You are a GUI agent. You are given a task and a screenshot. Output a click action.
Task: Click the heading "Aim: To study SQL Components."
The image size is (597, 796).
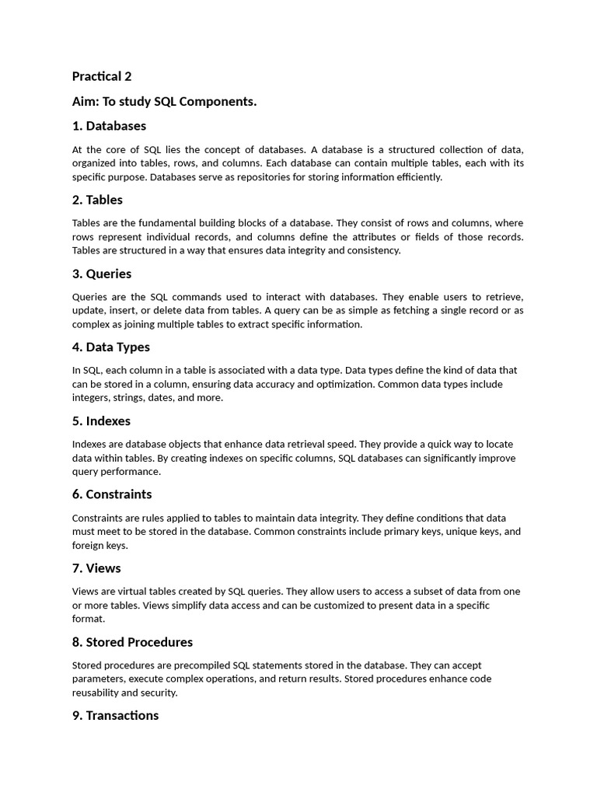[x=164, y=101]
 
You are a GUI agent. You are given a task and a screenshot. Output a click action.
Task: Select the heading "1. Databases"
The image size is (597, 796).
[x=109, y=126]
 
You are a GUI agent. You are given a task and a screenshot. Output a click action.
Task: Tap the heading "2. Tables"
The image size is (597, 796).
[x=97, y=200]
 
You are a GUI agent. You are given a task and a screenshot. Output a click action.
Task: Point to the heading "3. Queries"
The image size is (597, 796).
[x=102, y=274]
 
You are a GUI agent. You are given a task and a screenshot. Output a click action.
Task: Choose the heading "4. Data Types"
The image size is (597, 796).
[x=111, y=347]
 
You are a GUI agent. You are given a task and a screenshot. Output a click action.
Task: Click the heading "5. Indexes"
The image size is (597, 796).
[x=101, y=421]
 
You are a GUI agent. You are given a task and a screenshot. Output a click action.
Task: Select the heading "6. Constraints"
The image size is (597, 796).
[x=112, y=494]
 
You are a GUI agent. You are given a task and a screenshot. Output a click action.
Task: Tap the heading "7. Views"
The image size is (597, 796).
[x=96, y=568]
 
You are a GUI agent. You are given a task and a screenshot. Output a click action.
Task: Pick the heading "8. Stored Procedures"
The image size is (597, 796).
[x=132, y=642]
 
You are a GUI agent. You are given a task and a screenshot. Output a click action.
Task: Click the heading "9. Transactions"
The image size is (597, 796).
[x=115, y=715]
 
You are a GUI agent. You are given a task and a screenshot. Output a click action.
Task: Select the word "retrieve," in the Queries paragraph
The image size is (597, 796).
[x=503, y=297]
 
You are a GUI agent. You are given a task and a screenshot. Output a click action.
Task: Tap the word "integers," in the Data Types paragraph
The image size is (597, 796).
[x=93, y=398]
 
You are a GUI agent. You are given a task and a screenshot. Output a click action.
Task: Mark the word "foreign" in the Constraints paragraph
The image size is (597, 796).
[x=87, y=546]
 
